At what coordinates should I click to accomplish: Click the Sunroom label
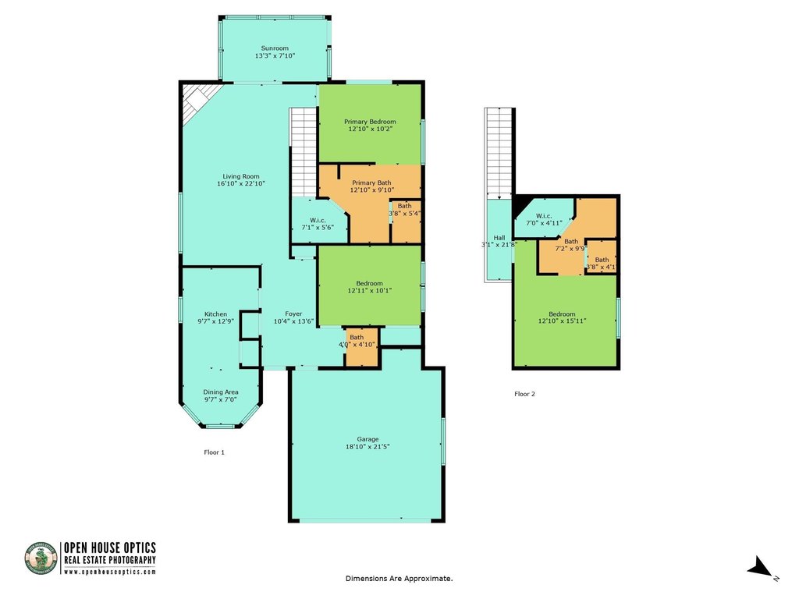point(274,48)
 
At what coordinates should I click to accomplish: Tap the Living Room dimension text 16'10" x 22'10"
point(241,184)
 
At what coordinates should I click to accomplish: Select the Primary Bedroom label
point(370,122)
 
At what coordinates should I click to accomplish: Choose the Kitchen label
point(215,314)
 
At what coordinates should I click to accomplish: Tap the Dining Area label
point(221,392)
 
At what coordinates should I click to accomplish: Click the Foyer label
point(293,314)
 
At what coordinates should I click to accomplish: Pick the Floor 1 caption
point(214,452)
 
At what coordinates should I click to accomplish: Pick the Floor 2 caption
point(524,394)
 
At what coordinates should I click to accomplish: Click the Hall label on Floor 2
point(499,238)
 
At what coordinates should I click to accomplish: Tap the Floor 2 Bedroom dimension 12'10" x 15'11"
point(562,321)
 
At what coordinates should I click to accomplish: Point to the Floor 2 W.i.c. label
point(544,215)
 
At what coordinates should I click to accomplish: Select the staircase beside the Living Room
point(303,152)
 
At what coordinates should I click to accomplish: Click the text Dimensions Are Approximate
point(399,579)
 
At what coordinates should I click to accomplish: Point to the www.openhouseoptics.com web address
point(109,572)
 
